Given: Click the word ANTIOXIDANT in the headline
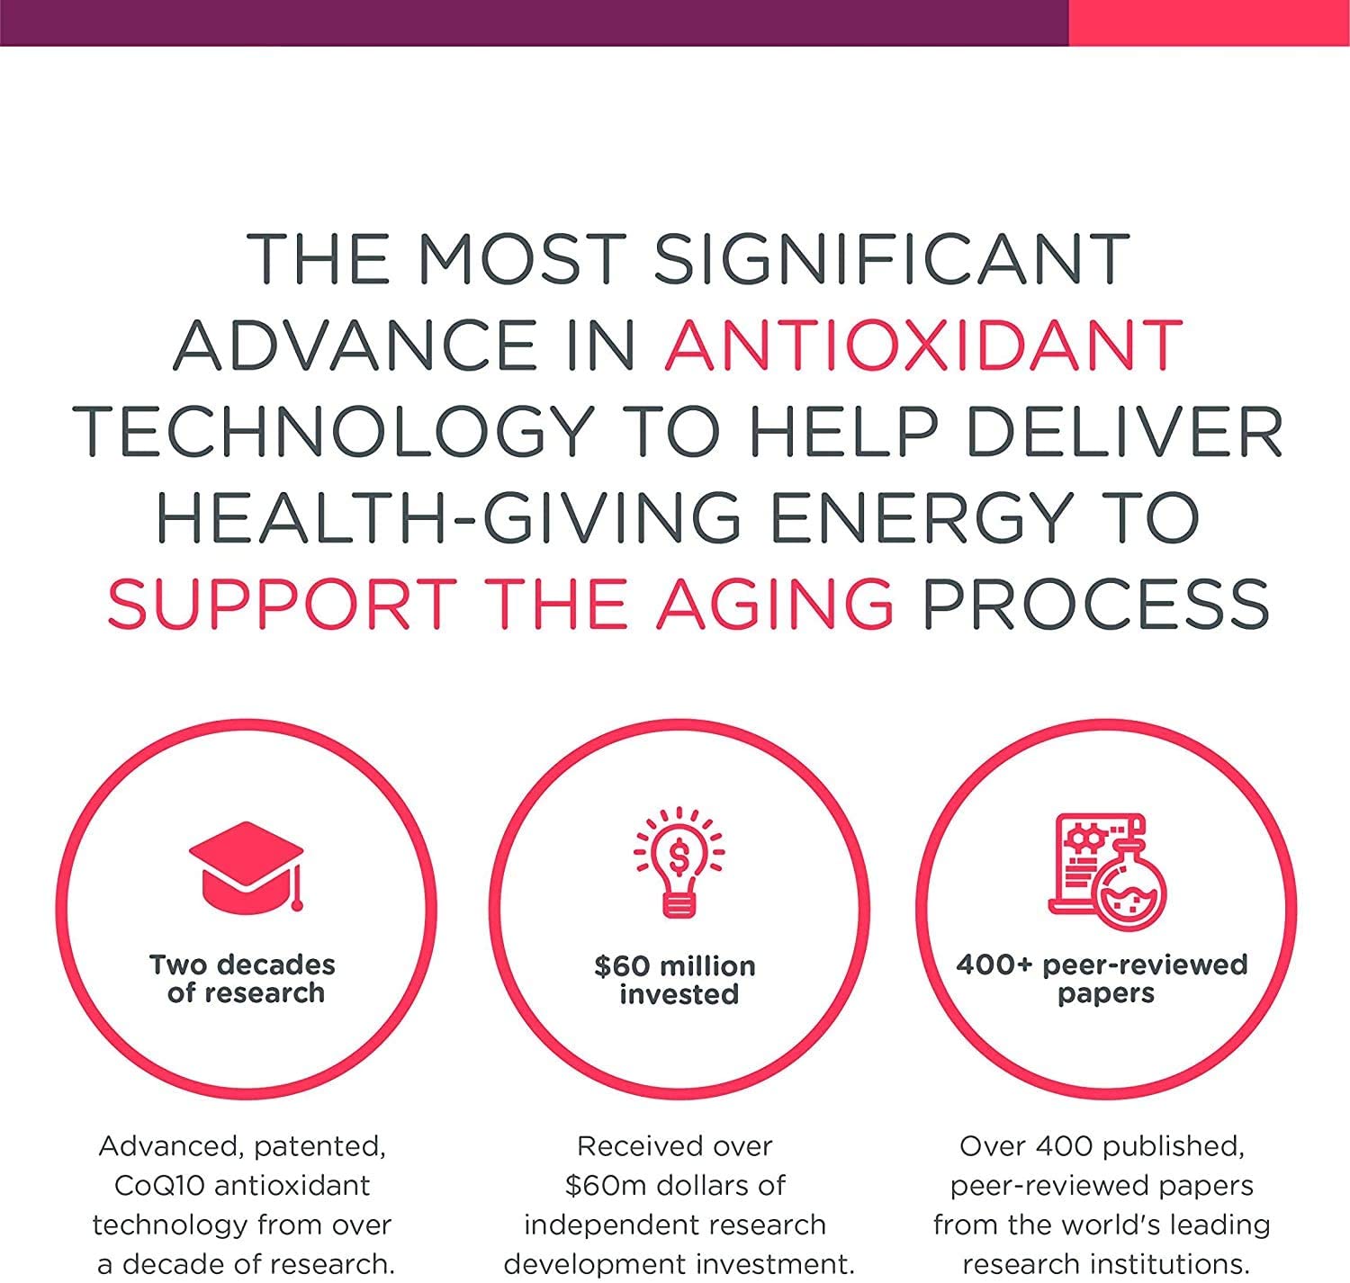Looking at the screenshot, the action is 922,345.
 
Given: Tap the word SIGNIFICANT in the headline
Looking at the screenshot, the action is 892,259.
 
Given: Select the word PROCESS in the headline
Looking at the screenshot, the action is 1095,604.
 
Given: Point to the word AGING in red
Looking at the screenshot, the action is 775,604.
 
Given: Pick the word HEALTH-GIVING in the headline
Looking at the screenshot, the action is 449,517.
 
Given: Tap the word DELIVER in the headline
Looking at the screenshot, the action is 1124,432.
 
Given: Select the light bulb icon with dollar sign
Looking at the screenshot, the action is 679,862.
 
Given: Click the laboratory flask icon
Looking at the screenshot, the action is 1107,871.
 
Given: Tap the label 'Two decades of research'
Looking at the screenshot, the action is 242,979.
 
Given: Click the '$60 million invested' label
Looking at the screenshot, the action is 676,981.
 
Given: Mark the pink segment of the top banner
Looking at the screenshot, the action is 1210,22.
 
